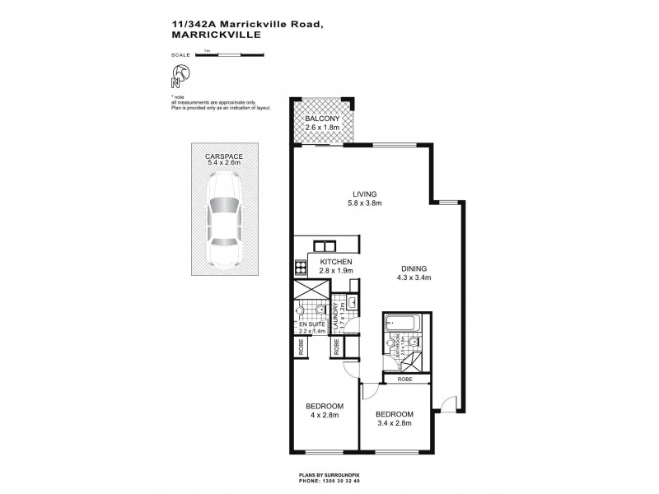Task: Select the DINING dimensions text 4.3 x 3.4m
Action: pos(416,277)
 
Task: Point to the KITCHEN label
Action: pos(335,260)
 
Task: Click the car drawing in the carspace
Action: pos(222,231)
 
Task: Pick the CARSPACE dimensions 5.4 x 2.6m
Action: pos(222,163)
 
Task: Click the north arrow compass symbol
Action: pos(180,77)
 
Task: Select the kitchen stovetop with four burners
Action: pos(298,267)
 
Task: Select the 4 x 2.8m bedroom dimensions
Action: pos(324,416)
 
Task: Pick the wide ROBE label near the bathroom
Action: pos(404,380)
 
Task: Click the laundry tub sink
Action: pos(352,302)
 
